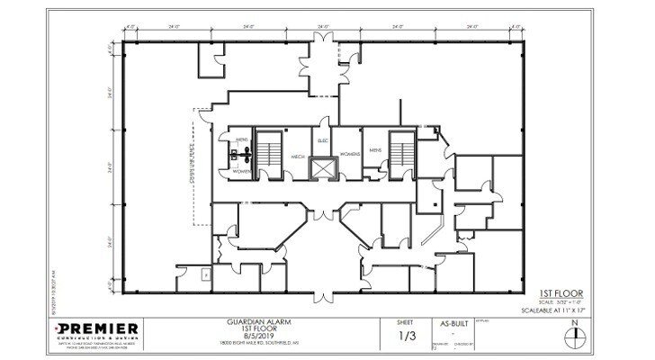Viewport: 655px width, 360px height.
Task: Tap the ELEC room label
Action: pyautogui.click(x=322, y=140)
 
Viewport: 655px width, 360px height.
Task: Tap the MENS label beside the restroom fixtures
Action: pyautogui.click(x=241, y=140)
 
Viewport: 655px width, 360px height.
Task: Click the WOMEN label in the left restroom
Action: pyautogui.click(x=241, y=169)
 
